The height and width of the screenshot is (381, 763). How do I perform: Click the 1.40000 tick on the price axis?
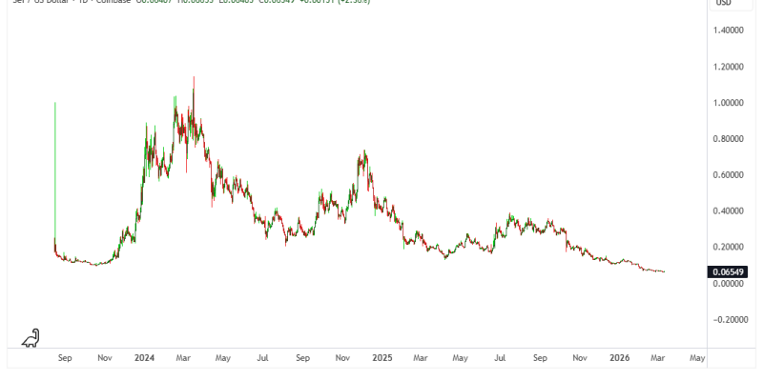pyautogui.click(x=732, y=30)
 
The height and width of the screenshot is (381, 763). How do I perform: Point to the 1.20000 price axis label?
pyautogui.click(x=732, y=67)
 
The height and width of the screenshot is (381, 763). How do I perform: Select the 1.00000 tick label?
pyautogui.click(x=732, y=103)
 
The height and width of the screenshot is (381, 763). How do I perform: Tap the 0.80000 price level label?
pyautogui.click(x=732, y=139)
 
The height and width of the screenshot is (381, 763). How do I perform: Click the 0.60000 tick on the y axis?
pyautogui.click(x=732, y=175)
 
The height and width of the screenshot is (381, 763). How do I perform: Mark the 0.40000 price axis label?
pyautogui.click(x=732, y=211)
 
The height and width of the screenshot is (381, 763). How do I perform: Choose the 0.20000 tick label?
pyautogui.click(x=732, y=248)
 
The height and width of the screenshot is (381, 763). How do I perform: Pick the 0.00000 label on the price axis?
pyautogui.click(x=732, y=284)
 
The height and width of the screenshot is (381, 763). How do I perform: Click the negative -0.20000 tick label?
pyautogui.click(x=730, y=320)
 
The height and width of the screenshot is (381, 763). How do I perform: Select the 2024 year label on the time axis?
pyautogui.click(x=145, y=358)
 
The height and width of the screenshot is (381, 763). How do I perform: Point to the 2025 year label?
pyautogui.click(x=381, y=358)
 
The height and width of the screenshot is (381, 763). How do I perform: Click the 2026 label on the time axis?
pyautogui.click(x=619, y=358)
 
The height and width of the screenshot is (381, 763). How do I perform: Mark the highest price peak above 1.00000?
pyautogui.click(x=195, y=78)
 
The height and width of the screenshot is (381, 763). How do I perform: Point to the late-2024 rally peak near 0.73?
pyautogui.click(x=363, y=151)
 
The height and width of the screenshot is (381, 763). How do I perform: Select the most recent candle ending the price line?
pyautogui.click(x=665, y=271)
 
